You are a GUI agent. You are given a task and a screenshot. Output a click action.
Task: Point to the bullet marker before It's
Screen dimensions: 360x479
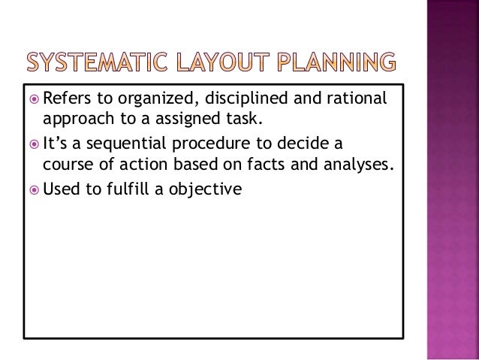[x=32, y=144]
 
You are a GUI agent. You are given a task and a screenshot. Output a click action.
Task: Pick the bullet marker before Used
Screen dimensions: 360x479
[x=32, y=189]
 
